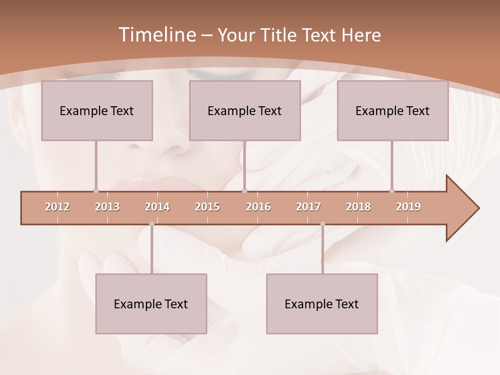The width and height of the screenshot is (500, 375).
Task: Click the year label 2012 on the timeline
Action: [x=57, y=207]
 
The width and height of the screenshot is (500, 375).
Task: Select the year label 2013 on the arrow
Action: [x=107, y=207]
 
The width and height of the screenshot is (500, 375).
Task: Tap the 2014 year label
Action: [x=157, y=207]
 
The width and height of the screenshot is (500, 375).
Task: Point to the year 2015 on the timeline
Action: [x=207, y=207]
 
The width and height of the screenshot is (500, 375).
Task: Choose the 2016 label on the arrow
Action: [x=258, y=207]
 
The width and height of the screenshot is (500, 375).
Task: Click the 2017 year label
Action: [x=308, y=207]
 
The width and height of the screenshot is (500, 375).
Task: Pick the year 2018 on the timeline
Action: [x=358, y=207]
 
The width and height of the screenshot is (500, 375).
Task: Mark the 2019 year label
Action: [x=408, y=207]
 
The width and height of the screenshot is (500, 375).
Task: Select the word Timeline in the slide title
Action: [x=156, y=35]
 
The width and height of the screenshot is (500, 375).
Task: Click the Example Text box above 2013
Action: [x=97, y=110]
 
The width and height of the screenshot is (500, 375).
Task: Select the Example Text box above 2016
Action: [x=245, y=110]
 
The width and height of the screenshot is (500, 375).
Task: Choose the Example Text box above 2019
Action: [x=393, y=110]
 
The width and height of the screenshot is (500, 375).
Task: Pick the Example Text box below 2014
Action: [x=151, y=304]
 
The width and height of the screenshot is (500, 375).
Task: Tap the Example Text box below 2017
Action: [x=322, y=304]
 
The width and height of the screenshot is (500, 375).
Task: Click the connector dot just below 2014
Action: [x=152, y=224]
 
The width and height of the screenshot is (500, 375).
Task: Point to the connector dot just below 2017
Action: [x=322, y=224]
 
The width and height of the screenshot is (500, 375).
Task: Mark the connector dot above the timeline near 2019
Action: [x=392, y=191]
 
